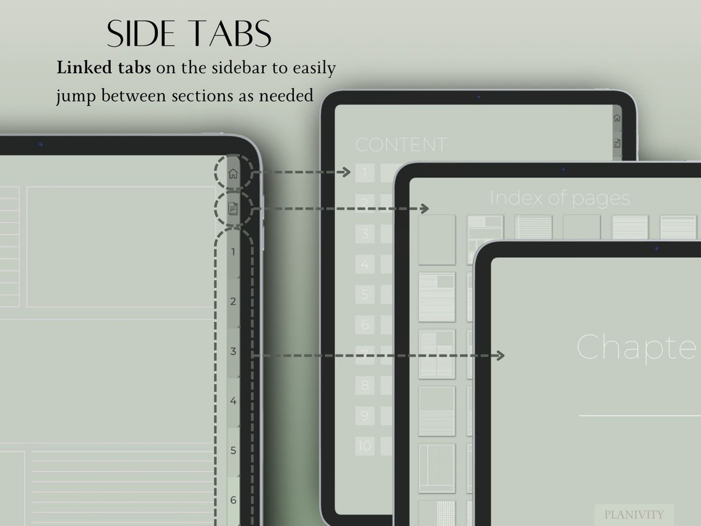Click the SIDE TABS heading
pyautogui.click(x=189, y=34)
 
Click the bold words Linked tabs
pyautogui.click(x=103, y=68)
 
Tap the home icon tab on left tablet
pyautogui.click(x=233, y=173)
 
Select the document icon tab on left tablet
pyautogui.click(x=233, y=208)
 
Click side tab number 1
pyautogui.click(x=233, y=252)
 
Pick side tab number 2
pyautogui.click(x=233, y=301)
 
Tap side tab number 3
pyautogui.click(x=233, y=351)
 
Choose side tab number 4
pyautogui.click(x=233, y=401)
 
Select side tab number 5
pyautogui.click(x=233, y=450)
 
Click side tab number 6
pyautogui.click(x=233, y=500)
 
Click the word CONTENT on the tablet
pyautogui.click(x=400, y=145)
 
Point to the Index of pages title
pyautogui.click(x=560, y=198)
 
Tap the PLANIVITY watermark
pyautogui.click(x=633, y=514)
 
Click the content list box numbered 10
pyautogui.click(x=365, y=445)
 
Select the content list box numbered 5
pyautogui.click(x=365, y=294)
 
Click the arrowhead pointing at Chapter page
pyautogui.click(x=500, y=355)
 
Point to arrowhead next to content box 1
pyautogui.click(x=346, y=172)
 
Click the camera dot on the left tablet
pyautogui.click(x=41, y=144)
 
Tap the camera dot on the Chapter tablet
pyautogui.click(x=656, y=249)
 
